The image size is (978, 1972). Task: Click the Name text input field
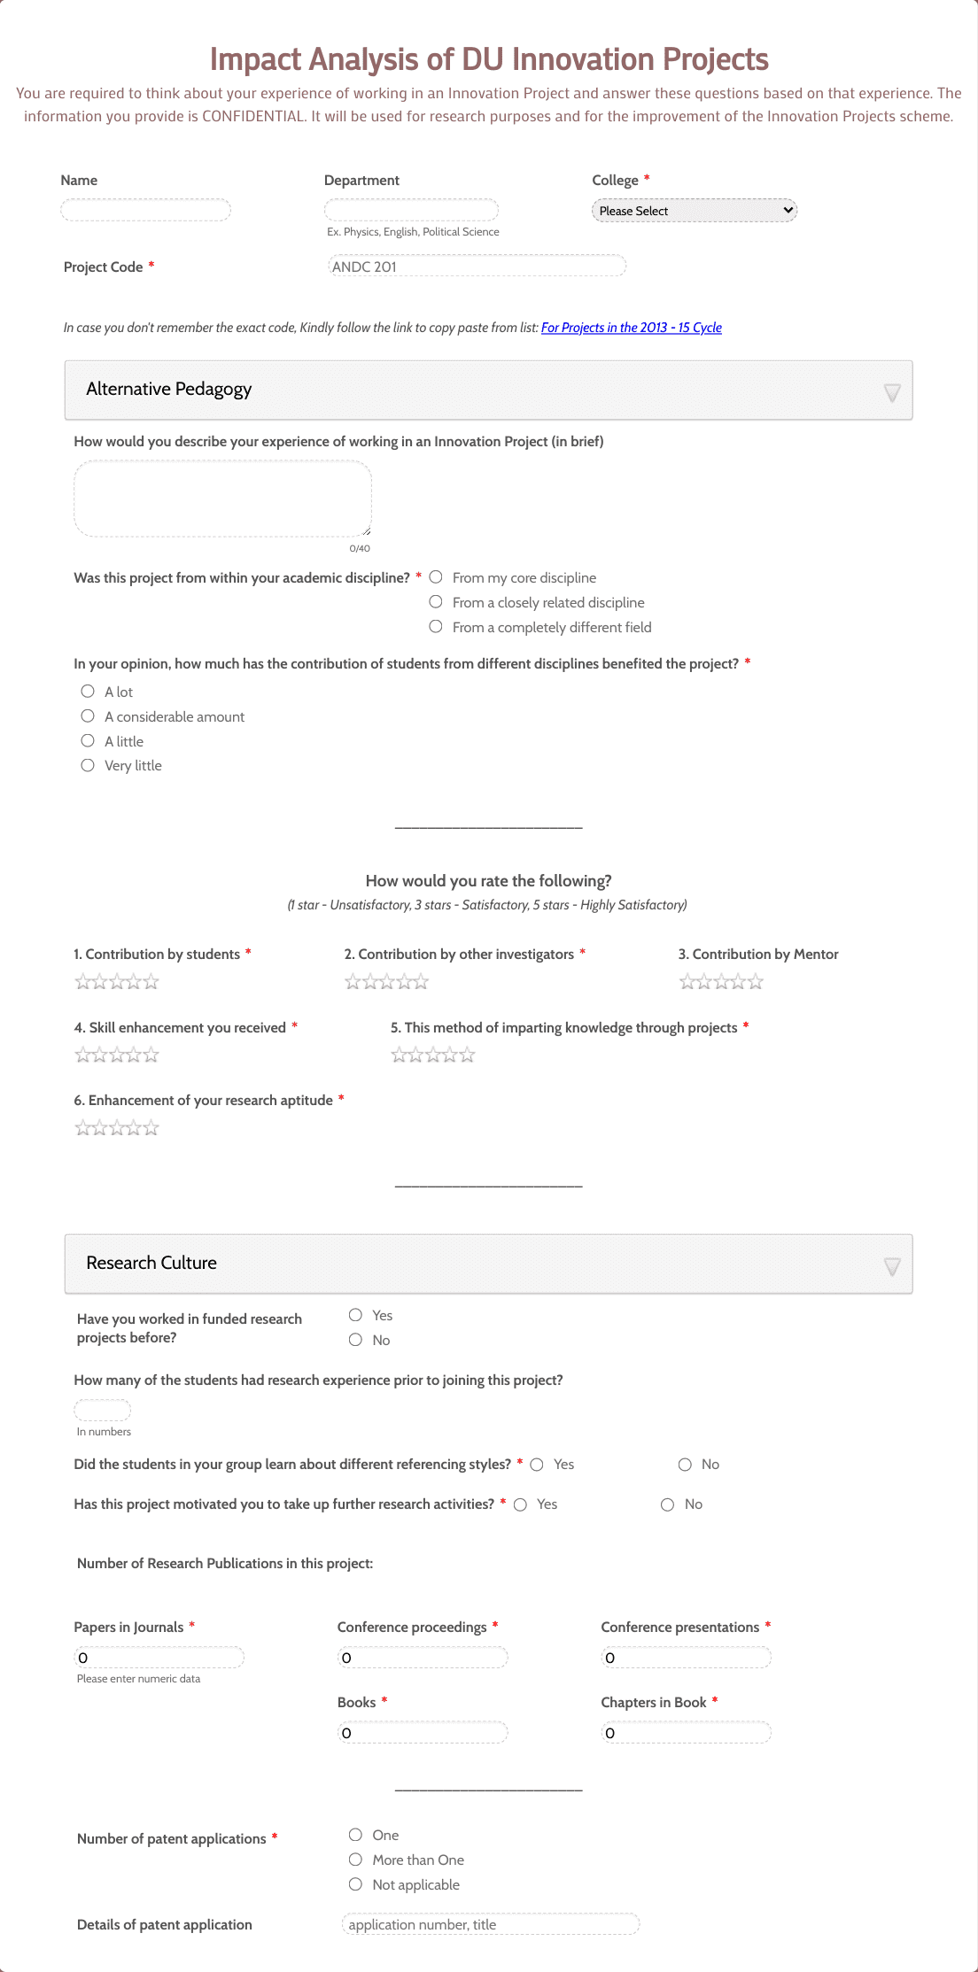tap(145, 210)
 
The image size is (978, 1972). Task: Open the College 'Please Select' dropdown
tap(694, 211)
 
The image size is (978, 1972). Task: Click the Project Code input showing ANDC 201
tap(477, 267)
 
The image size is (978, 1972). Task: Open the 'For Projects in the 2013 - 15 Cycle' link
tap(631, 328)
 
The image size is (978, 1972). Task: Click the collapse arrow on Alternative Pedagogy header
tap(892, 392)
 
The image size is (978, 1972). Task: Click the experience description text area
tap(222, 499)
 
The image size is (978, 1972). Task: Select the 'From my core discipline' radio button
tap(436, 577)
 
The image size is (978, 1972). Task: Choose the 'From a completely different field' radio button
tap(436, 627)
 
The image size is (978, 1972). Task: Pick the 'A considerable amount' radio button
tap(88, 716)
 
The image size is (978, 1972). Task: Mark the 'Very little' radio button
tap(88, 765)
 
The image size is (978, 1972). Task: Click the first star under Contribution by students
tap(82, 982)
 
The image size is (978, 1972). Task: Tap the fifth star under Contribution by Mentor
tap(756, 982)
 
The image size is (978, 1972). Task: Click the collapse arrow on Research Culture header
tap(892, 1266)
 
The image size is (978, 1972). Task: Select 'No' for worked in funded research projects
tap(355, 1340)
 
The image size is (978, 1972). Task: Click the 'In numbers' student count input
tap(102, 1410)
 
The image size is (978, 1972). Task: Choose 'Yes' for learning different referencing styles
tap(537, 1465)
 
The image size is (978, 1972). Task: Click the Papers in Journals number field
tap(159, 1658)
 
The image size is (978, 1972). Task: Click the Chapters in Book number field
tap(686, 1733)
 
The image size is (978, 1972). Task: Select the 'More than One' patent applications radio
tap(355, 1860)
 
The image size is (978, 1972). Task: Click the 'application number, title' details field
tap(490, 1924)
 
